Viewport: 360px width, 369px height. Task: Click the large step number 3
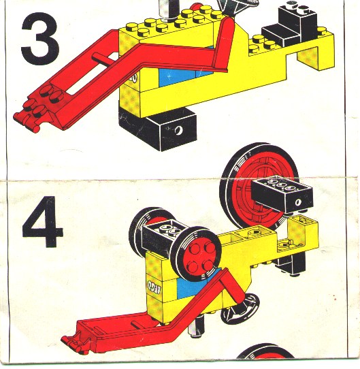click(39, 39)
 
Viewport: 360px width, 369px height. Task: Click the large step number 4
click(42, 221)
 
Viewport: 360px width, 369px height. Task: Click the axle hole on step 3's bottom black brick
click(178, 130)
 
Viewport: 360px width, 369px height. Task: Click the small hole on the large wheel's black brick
click(298, 202)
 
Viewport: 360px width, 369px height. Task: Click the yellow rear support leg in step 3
click(308, 59)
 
